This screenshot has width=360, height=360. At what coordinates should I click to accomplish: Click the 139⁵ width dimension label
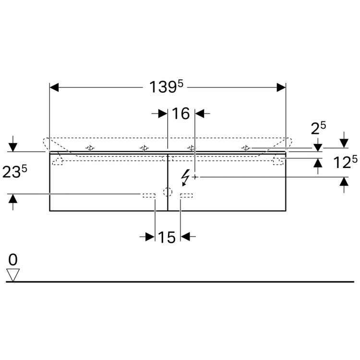[x=166, y=87]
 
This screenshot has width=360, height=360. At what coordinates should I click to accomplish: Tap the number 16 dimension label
[x=180, y=113]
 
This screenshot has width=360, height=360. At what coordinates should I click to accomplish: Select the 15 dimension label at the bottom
[x=167, y=237]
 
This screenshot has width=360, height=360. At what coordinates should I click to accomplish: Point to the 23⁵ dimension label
[x=14, y=171]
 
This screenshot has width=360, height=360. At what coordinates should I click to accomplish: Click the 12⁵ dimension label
[x=345, y=162]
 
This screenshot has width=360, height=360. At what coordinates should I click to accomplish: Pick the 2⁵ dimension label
[x=318, y=128]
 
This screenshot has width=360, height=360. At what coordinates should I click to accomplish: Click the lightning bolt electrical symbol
[x=185, y=177]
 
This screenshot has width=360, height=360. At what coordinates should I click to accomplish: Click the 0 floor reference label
[x=13, y=260]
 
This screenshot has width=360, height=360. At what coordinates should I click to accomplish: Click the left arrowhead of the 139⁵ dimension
[x=54, y=87]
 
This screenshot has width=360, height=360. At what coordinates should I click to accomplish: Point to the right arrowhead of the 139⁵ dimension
[x=281, y=87]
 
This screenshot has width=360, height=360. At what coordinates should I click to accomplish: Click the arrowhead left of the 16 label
[x=163, y=113]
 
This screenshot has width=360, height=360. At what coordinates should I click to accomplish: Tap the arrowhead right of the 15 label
[x=185, y=237]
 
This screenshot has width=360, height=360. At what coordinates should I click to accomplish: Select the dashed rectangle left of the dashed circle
[x=149, y=196]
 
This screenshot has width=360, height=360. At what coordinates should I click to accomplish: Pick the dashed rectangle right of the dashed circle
[x=186, y=196]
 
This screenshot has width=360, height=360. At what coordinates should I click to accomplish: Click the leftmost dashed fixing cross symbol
[x=90, y=148]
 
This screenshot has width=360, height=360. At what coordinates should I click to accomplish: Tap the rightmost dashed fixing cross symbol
[x=246, y=148]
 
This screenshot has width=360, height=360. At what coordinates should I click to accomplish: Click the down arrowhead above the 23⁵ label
[x=13, y=147]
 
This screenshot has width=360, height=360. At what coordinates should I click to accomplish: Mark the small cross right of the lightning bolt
[x=195, y=177]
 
